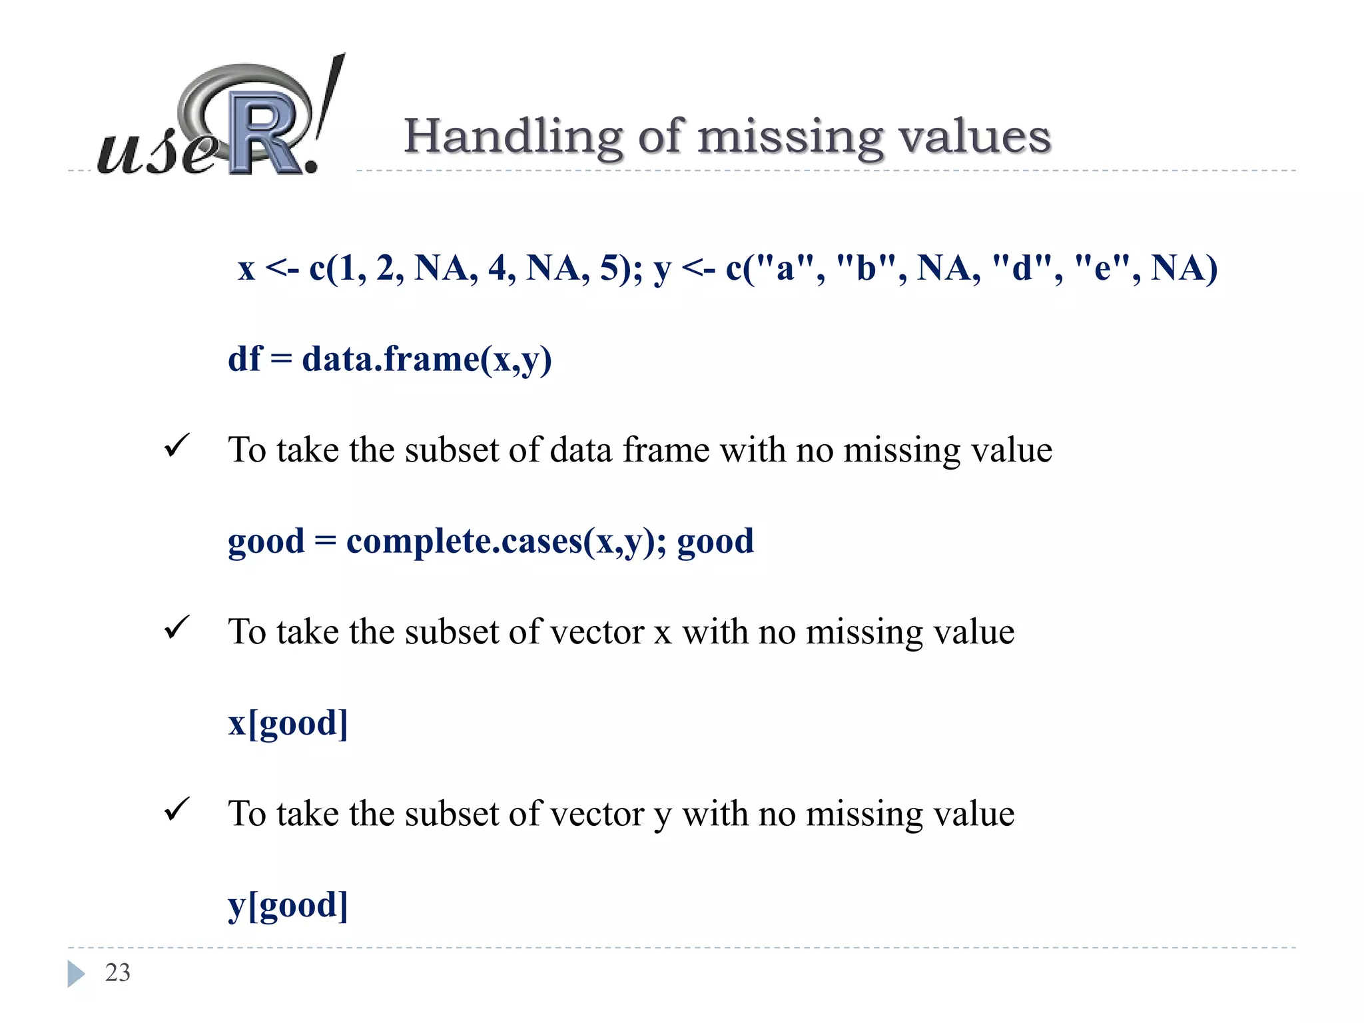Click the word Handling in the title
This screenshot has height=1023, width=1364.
[513, 137]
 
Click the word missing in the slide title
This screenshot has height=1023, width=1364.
[790, 137]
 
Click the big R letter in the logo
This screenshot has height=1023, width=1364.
[263, 133]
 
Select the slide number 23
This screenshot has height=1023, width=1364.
[118, 972]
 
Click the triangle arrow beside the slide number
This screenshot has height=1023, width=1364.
[76, 973]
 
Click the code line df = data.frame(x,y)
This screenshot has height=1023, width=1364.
[390, 359]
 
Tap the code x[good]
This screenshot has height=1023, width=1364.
[288, 723]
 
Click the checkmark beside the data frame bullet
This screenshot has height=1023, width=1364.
[176, 446]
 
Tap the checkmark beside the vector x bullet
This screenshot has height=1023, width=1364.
[176, 627]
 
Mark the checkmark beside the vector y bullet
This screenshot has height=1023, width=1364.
[176, 809]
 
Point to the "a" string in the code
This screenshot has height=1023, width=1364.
[786, 268]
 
